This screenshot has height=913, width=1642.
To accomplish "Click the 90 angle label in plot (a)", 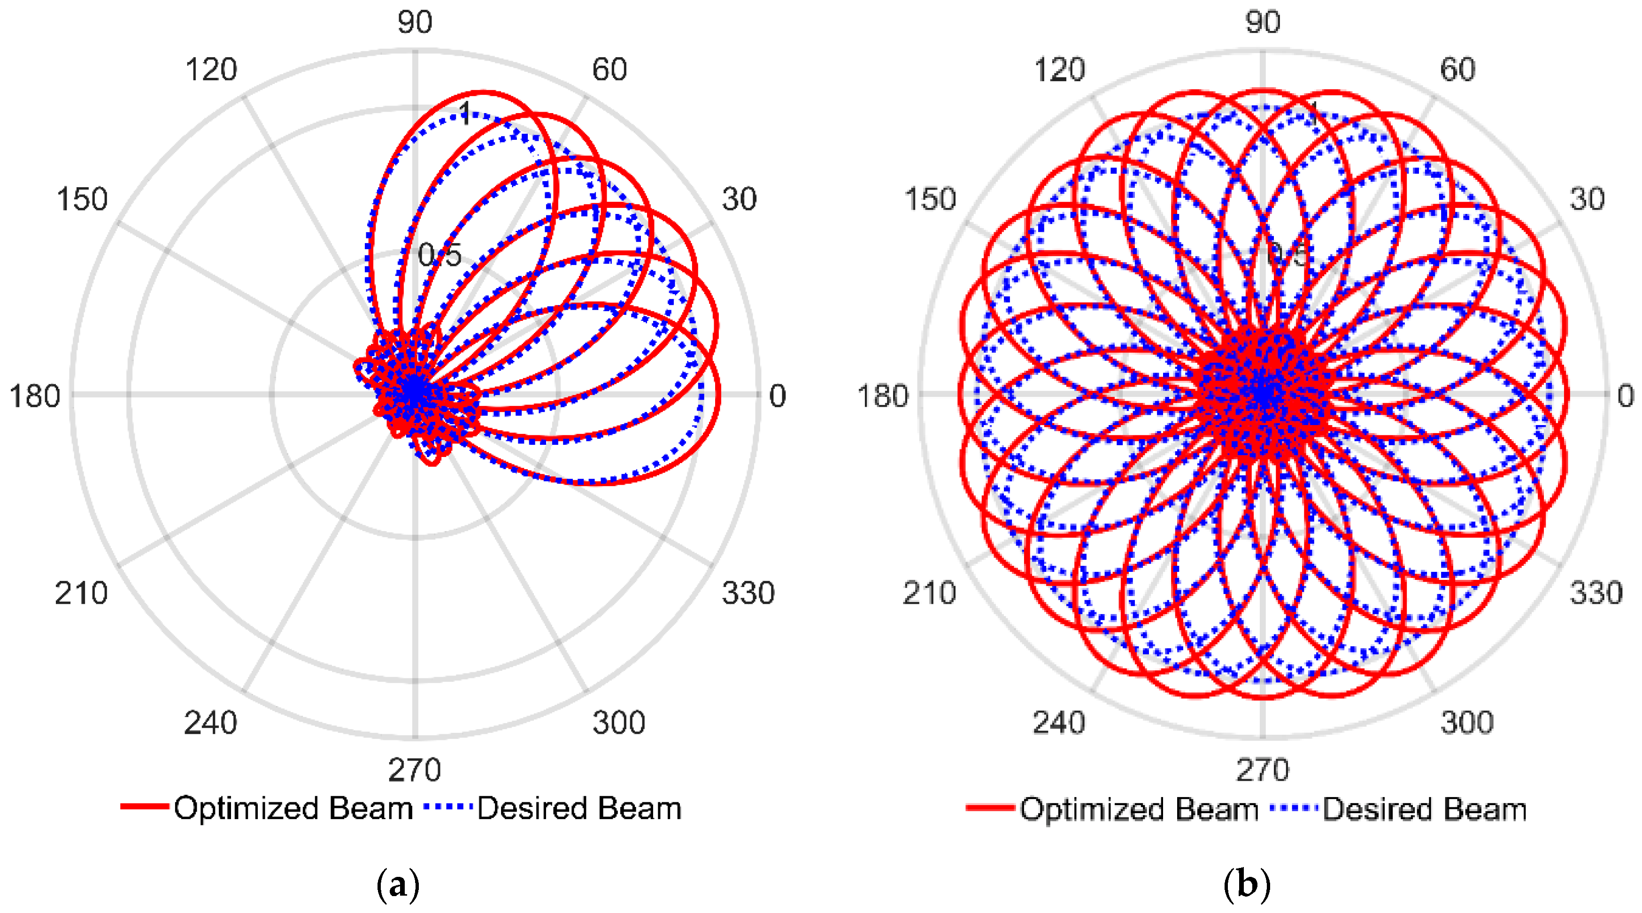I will click(x=415, y=23).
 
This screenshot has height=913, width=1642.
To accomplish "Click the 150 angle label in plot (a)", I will click(x=82, y=199).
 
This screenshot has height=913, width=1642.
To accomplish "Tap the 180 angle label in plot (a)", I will click(x=34, y=396).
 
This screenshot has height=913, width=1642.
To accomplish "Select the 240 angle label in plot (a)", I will click(x=210, y=723).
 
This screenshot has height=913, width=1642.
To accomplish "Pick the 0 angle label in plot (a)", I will click(x=777, y=396).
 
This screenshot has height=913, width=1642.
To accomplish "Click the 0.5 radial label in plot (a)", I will click(x=440, y=256).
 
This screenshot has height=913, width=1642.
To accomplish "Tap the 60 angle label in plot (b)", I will click(x=1458, y=69).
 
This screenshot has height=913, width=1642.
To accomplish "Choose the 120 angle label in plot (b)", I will click(x=1059, y=69).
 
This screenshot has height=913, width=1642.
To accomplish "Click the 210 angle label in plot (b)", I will click(x=929, y=593).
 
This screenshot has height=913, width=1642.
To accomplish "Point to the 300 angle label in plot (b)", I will click(x=1467, y=723).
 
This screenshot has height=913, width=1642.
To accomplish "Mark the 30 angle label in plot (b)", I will click(x=1587, y=199).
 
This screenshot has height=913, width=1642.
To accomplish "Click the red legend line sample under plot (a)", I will click(x=145, y=807).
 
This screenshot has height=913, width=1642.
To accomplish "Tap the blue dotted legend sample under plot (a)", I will click(x=447, y=807).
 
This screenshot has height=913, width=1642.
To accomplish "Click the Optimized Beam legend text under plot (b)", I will click(x=1139, y=809).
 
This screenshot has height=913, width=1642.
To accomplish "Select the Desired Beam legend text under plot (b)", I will click(x=1425, y=809).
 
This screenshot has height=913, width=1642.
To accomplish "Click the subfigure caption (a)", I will click(x=398, y=884).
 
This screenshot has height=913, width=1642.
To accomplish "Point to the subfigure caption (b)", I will click(x=1247, y=884).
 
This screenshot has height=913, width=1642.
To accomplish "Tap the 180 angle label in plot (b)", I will click(x=882, y=396).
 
